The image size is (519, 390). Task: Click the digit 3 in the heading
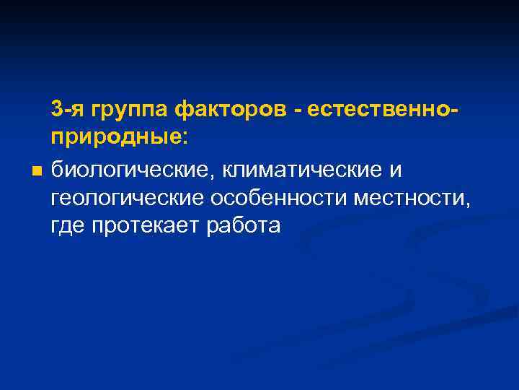(x=56, y=110)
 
